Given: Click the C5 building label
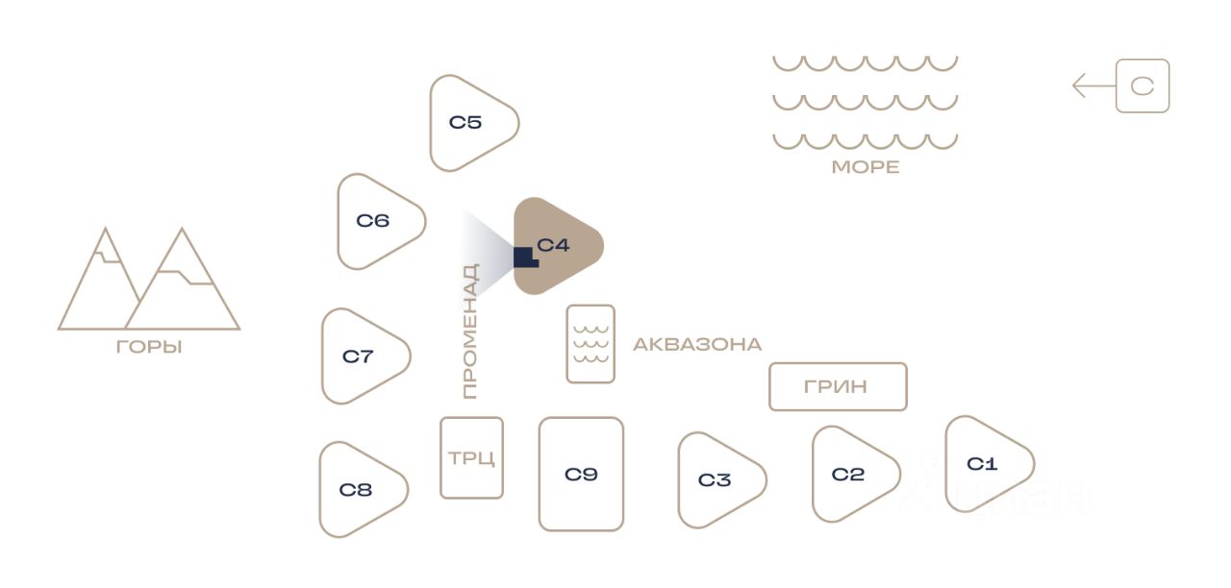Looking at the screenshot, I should click(x=465, y=123).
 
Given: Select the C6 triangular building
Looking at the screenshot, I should click(x=375, y=222).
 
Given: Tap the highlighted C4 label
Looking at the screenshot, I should click(x=554, y=245).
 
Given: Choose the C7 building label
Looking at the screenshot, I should click(x=358, y=356).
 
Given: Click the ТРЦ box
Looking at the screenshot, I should click(x=471, y=458).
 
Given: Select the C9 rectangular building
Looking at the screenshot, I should click(x=581, y=474).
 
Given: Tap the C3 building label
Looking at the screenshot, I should click(x=715, y=480).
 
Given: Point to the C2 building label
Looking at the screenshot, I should click(x=848, y=475).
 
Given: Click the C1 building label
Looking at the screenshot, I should click(x=982, y=465).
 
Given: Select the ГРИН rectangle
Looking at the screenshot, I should click(x=837, y=387).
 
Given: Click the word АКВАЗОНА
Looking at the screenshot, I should click(x=697, y=344).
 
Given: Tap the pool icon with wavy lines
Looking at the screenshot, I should click(x=590, y=344).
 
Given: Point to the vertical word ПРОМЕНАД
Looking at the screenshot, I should click(x=469, y=331).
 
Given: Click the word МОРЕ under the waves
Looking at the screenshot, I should click(x=866, y=167).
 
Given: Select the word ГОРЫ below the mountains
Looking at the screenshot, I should click(x=149, y=348).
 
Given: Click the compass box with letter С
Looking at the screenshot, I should click(x=1143, y=86).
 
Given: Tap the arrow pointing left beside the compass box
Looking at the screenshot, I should click(x=1093, y=86).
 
